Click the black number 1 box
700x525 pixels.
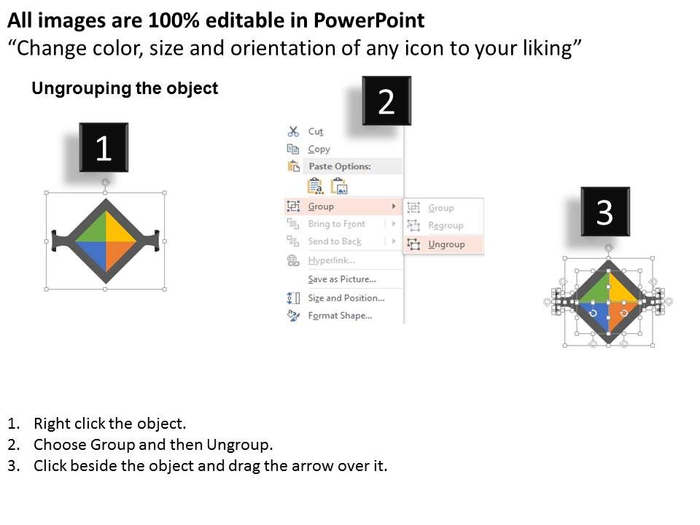104,148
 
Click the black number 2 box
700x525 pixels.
386,101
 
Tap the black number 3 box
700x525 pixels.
604,212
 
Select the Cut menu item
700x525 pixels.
315,132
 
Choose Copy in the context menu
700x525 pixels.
319,149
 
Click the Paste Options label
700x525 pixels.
339,167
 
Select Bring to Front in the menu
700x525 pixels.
335,224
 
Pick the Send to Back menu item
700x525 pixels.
334,241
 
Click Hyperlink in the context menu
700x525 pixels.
331,260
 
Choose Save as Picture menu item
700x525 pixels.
341,279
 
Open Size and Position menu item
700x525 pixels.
346,298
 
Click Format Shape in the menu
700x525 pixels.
340,316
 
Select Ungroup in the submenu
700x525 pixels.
446,244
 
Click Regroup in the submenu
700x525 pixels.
446,226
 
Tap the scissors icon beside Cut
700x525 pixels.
293,132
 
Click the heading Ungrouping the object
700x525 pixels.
125,89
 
